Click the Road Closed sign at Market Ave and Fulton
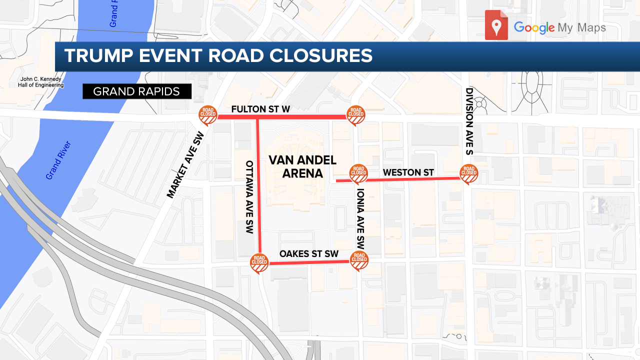coord(207,115)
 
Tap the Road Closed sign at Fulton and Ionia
coord(356,115)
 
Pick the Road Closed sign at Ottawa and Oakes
coord(259,262)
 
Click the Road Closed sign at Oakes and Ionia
coord(359,259)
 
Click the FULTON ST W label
coord(260,109)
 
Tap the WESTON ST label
coord(408,172)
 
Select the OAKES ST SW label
coord(309,254)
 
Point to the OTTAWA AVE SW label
coord(250,197)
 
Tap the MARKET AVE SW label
coord(186,164)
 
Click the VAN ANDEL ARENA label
coord(295,166)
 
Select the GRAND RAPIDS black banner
coord(137,91)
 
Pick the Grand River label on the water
coord(58,160)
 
